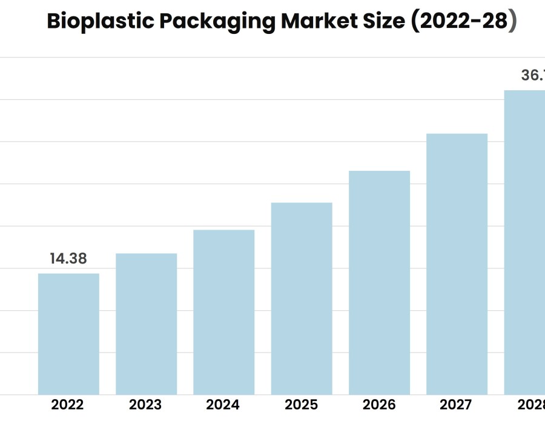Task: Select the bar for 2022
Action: (x=68, y=334)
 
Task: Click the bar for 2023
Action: (x=146, y=324)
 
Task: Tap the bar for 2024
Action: (x=223, y=312)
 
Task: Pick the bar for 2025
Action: (x=302, y=299)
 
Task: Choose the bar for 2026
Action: (x=379, y=283)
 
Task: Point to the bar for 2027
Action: (x=457, y=264)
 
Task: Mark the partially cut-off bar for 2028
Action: (x=525, y=242)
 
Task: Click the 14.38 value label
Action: (x=68, y=259)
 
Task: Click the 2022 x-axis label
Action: (x=68, y=405)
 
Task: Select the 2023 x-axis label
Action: (x=145, y=405)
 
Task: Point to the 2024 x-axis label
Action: (x=223, y=405)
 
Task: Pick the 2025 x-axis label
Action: (x=302, y=405)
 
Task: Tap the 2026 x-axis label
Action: (x=379, y=405)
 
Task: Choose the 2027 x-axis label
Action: (x=457, y=405)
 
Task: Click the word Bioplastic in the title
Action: (x=101, y=22)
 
